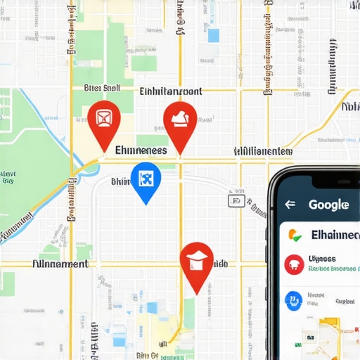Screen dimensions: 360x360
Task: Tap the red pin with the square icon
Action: click(104, 120)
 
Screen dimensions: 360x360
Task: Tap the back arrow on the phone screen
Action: click(290, 205)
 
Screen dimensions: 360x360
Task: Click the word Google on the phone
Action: click(328, 205)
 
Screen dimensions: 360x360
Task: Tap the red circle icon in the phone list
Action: click(293, 264)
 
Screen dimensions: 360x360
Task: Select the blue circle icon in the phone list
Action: click(293, 301)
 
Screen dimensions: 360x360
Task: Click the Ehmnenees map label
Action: click(141, 150)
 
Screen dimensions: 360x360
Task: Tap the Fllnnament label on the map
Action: click(60, 264)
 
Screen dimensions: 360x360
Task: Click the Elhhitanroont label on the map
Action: click(171, 91)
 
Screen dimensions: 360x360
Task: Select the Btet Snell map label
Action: click(102, 89)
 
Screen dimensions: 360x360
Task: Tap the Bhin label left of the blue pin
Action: click(121, 181)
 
